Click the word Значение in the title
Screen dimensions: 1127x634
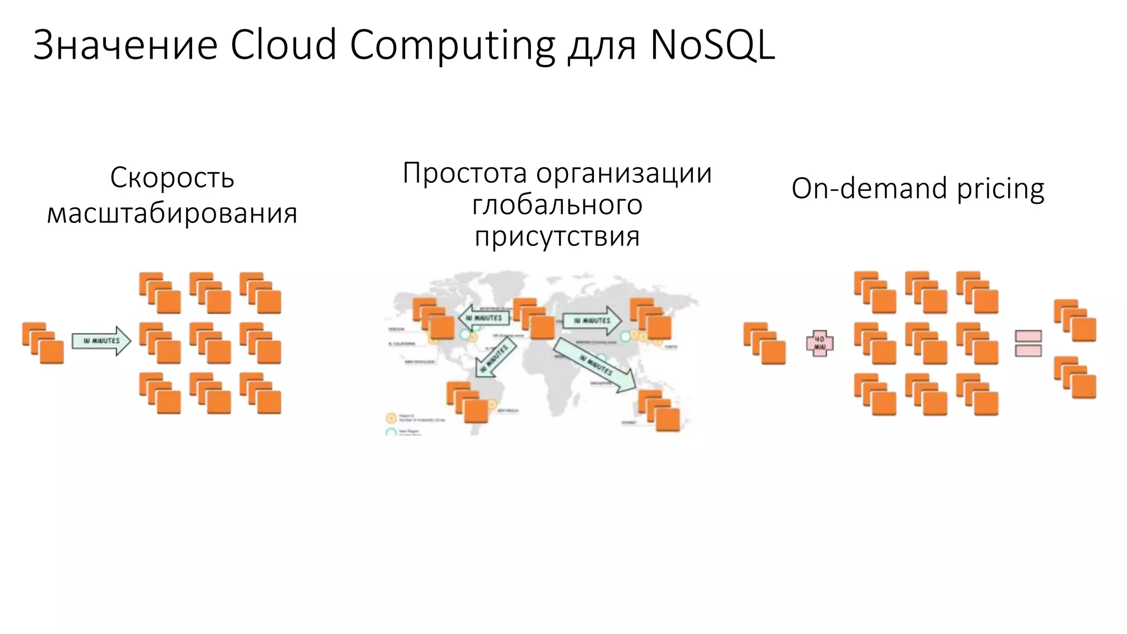(125, 45)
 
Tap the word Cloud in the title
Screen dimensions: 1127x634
(283, 45)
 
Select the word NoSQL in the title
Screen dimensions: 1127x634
(712, 45)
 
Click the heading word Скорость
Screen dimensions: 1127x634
(172, 178)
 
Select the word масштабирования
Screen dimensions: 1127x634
(172, 214)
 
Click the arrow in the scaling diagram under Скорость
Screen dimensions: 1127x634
(102, 341)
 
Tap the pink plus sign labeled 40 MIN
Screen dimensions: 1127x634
(819, 343)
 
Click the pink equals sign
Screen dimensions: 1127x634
(1028, 343)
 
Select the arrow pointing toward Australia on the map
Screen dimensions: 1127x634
(594, 365)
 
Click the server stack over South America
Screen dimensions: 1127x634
(468, 402)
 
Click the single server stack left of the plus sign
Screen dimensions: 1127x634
(764, 343)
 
